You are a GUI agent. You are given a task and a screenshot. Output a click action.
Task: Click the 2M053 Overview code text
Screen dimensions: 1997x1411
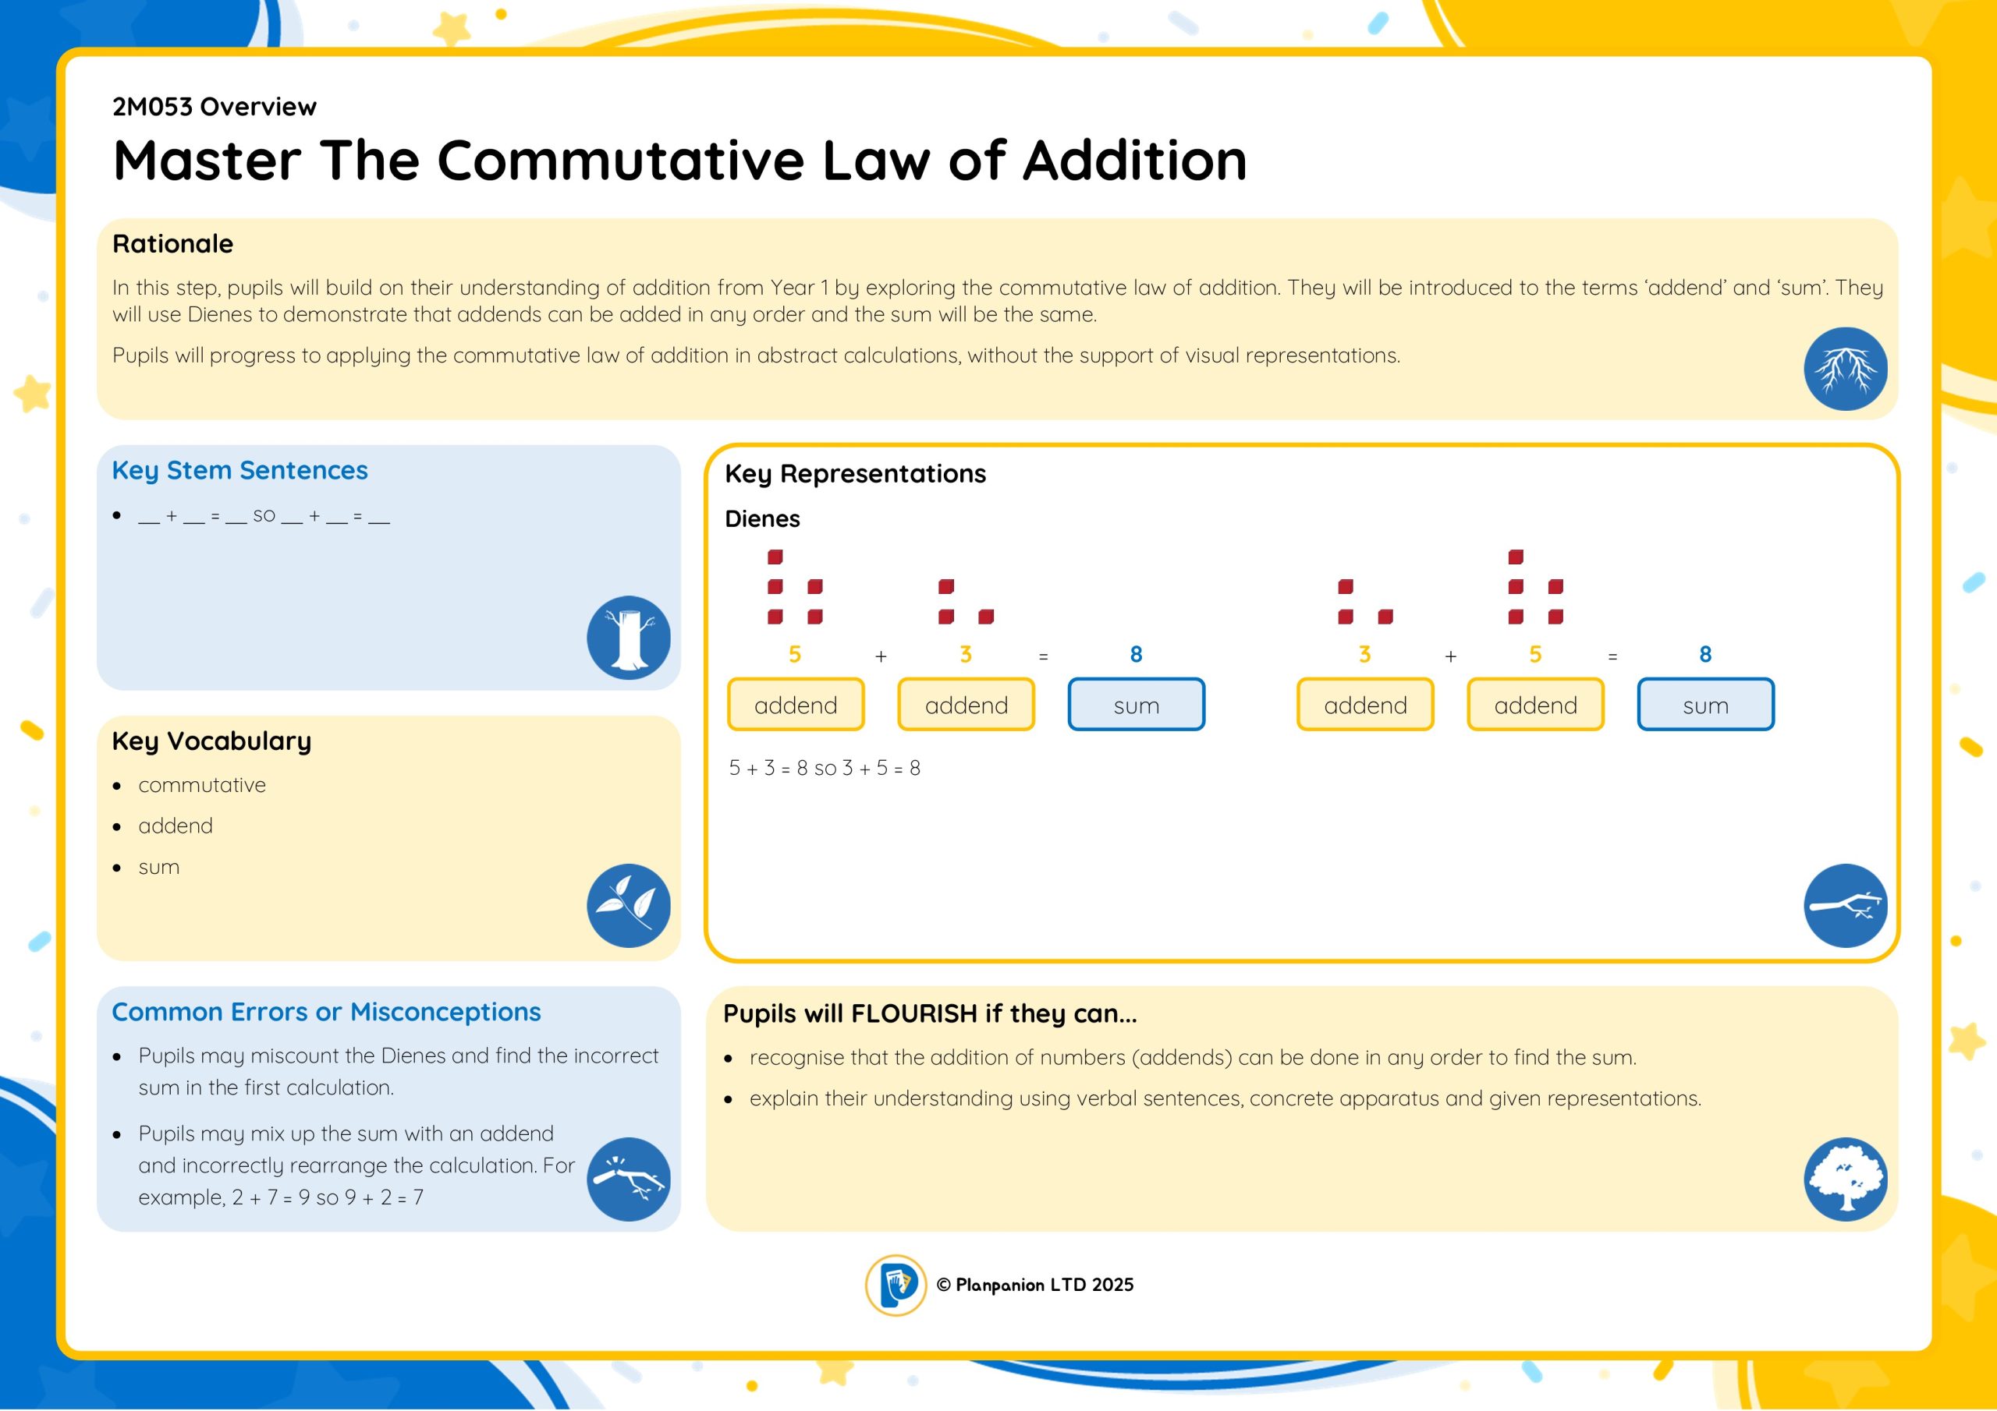214,106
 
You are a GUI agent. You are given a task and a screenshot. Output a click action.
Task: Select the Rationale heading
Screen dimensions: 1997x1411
172,243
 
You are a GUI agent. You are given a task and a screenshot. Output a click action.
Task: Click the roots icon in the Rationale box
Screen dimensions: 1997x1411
1845,369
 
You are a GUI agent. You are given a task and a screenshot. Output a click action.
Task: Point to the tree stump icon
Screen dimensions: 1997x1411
628,637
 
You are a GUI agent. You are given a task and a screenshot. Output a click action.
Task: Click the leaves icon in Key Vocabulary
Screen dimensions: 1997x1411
628,905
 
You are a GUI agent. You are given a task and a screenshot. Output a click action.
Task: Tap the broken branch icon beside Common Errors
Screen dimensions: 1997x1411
628,1179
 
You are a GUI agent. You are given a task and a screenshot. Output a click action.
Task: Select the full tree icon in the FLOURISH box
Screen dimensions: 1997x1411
1845,1179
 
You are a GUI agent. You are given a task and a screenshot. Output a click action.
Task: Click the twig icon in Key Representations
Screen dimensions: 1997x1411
1845,905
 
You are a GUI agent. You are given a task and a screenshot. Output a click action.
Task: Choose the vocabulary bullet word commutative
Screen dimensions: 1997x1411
202,785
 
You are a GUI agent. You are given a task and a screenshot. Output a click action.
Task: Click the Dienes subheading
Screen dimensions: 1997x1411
762,519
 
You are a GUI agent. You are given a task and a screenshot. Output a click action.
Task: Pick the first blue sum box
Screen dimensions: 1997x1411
1136,704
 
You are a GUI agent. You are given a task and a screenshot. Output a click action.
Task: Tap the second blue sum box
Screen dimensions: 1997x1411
1704,704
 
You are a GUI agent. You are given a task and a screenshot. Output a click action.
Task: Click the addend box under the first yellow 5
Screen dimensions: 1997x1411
796,704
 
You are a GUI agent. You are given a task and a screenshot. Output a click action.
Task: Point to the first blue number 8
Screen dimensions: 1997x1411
1136,654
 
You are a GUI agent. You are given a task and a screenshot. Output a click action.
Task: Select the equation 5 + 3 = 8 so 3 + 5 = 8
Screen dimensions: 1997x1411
825,768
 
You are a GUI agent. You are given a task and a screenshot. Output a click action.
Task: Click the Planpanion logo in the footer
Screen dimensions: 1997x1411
895,1285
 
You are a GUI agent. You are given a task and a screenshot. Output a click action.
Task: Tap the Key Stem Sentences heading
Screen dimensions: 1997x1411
240,470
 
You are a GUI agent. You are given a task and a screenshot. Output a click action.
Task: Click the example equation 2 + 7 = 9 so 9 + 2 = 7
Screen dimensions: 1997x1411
328,1197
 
